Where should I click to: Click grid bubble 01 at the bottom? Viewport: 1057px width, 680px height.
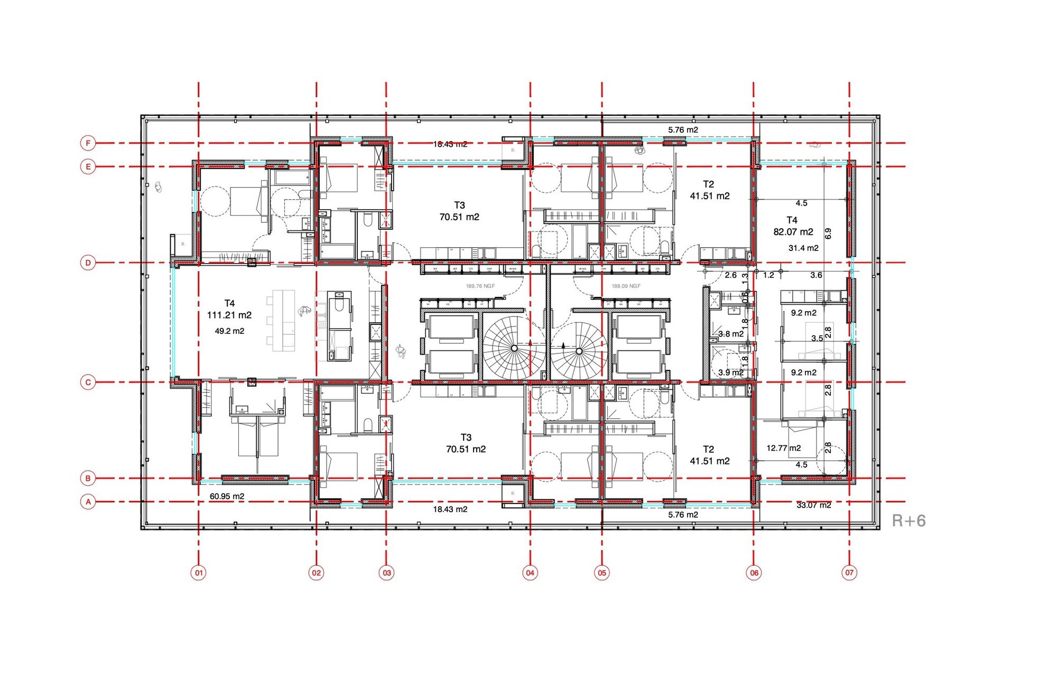click(199, 573)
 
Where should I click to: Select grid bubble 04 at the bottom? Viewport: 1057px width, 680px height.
click(530, 573)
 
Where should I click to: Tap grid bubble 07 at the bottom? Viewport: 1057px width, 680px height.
click(849, 572)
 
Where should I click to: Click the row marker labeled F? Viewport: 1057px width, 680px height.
click(88, 143)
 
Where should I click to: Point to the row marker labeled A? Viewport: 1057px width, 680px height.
click(88, 501)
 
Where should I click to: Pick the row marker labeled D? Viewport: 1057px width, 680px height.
click(88, 263)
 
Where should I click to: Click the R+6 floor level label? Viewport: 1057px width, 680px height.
click(908, 521)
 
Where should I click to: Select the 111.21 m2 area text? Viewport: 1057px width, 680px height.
click(229, 315)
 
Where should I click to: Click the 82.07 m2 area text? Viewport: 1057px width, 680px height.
click(793, 232)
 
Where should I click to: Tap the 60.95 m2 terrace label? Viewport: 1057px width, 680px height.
click(227, 497)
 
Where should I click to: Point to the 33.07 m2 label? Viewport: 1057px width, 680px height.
click(813, 505)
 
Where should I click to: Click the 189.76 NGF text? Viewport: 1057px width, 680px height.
click(480, 286)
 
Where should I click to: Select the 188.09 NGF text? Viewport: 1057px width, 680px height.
click(626, 286)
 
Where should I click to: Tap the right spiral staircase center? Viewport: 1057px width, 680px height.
click(579, 351)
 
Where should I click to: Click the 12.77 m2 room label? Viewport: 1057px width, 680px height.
click(783, 448)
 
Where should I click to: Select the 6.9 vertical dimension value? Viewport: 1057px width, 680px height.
click(828, 233)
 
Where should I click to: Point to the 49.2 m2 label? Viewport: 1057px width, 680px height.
click(229, 331)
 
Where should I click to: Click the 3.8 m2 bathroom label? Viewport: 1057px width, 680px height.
click(731, 334)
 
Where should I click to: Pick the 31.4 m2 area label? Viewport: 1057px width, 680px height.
click(803, 248)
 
